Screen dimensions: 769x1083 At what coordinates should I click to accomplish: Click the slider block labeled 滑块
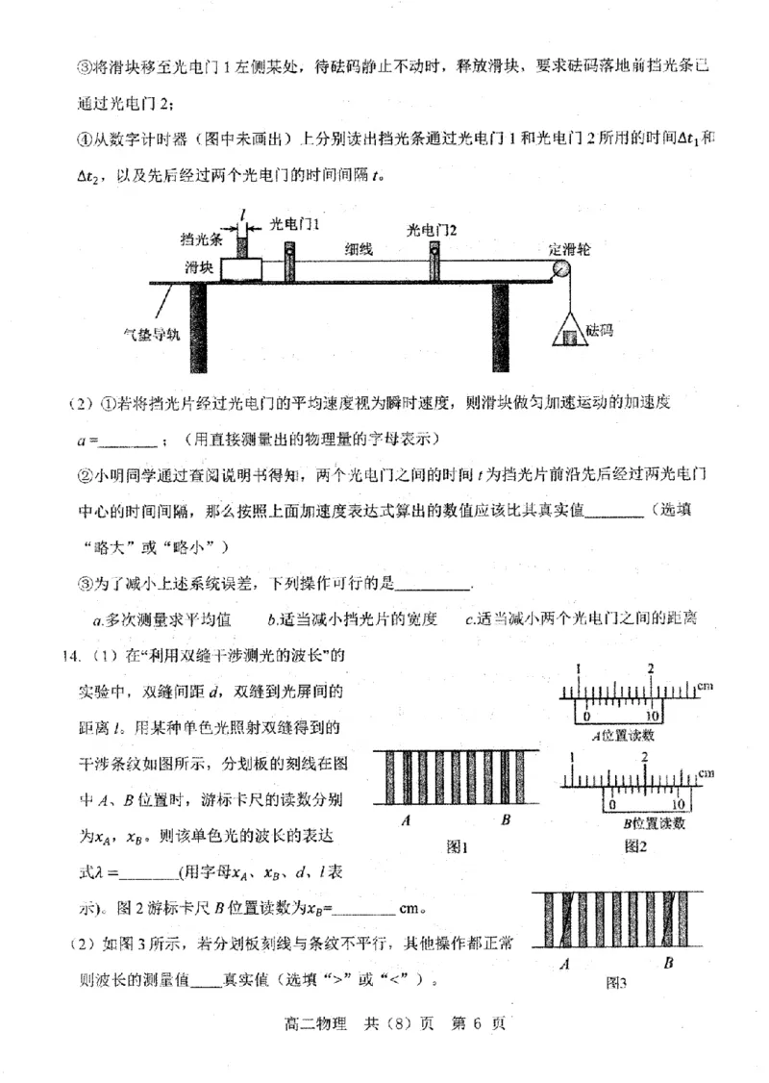[243, 268]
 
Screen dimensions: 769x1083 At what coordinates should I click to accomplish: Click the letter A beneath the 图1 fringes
[409, 821]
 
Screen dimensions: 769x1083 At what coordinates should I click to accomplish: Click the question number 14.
[69, 656]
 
